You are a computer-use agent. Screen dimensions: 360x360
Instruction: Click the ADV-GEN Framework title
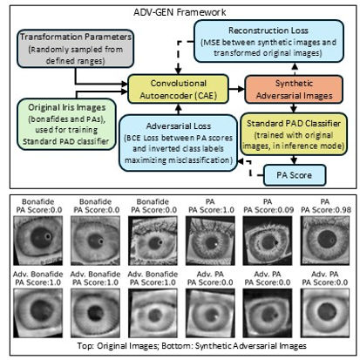pyautogui.click(x=180, y=12)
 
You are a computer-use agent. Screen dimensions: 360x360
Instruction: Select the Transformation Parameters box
pyautogui.click(x=76, y=49)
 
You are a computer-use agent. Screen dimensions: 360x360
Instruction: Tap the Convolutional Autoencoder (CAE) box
pyautogui.click(x=179, y=89)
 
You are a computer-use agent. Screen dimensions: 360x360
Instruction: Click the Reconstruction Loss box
pyautogui.click(x=268, y=41)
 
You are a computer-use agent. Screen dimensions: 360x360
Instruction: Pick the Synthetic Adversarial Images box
pyautogui.click(x=294, y=90)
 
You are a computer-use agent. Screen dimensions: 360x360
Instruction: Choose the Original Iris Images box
pyautogui.click(x=66, y=124)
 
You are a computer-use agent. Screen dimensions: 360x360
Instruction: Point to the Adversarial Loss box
pyautogui.click(x=178, y=143)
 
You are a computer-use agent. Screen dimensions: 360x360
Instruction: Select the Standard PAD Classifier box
pyautogui.click(x=294, y=134)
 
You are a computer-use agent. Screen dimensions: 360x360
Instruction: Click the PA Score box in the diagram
pyautogui.click(x=295, y=175)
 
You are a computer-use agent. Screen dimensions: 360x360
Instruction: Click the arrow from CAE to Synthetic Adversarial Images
pyautogui.click(x=237, y=89)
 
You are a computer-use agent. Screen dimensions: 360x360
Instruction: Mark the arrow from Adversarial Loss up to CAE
pyautogui.click(x=179, y=109)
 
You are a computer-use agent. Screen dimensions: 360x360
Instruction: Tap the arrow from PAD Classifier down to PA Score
pyautogui.click(x=294, y=160)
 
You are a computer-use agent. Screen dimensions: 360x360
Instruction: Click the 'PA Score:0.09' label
pyautogui.click(x=268, y=210)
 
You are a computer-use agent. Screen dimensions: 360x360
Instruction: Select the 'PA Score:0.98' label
pyautogui.click(x=326, y=210)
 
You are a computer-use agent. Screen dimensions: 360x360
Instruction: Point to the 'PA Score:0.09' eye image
pyautogui.click(x=268, y=241)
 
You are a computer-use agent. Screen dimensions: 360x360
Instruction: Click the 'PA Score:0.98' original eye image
pyautogui.click(x=325, y=241)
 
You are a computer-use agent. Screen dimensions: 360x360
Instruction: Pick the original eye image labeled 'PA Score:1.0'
pyautogui.click(x=210, y=241)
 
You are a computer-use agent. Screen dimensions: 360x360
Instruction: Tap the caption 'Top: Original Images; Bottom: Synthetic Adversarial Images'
pyautogui.click(x=192, y=346)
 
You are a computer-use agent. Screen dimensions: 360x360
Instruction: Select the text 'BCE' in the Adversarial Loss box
pyautogui.click(x=132, y=138)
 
